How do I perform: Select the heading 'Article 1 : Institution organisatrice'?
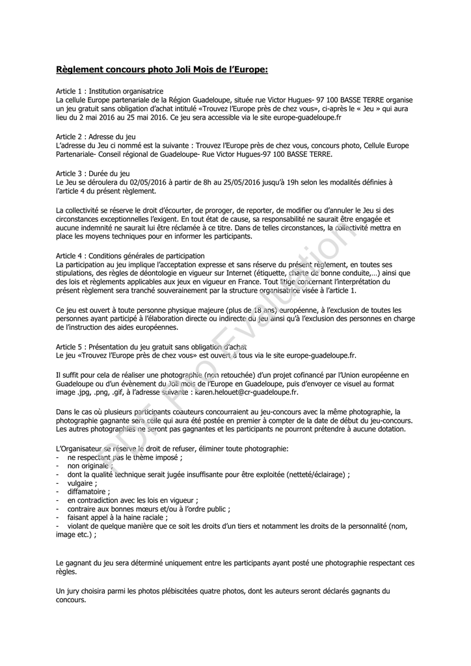click(x=109, y=92)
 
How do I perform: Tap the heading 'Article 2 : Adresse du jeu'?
click(x=96, y=137)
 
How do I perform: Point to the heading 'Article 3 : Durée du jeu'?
click(x=93, y=174)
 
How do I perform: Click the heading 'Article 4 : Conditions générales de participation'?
click(x=130, y=256)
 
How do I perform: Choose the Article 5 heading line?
click(x=151, y=347)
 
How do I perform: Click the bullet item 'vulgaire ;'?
click(x=83, y=483)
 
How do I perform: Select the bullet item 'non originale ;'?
click(x=90, y=466)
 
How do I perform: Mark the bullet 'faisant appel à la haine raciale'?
click(x=117, y=517)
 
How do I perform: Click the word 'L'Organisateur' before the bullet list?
click(x=78, y=448)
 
